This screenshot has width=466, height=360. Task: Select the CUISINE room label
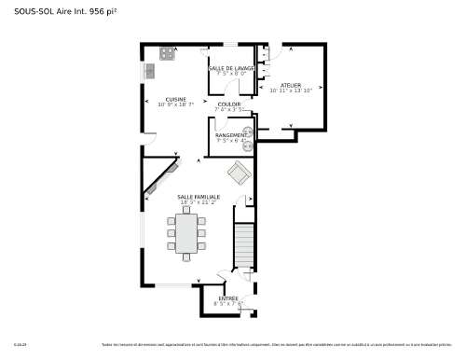(175, 99)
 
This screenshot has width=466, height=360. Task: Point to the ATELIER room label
(291, 85)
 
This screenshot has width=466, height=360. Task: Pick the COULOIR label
(229, 104)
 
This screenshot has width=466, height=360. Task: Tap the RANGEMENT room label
(230, 135)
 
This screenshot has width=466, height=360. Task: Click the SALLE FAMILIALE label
(199, 197)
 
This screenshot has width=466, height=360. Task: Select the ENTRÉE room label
(226, 298)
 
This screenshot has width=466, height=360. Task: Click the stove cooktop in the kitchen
(168, 53)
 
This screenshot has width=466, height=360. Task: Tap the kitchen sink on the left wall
(149, 71)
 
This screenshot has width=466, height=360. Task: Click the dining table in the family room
(189, 233)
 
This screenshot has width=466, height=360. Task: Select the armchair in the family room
(239, 173)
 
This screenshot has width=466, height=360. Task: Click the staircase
(244, 245)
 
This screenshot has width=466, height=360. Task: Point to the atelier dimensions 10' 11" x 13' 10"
(291, 91)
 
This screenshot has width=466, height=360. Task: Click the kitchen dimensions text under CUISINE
(175, 105)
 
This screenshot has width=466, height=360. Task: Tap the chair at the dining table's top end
(189, 209)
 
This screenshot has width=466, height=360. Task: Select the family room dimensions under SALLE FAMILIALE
(199, 202)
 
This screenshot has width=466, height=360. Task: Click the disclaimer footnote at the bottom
(280, 343)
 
